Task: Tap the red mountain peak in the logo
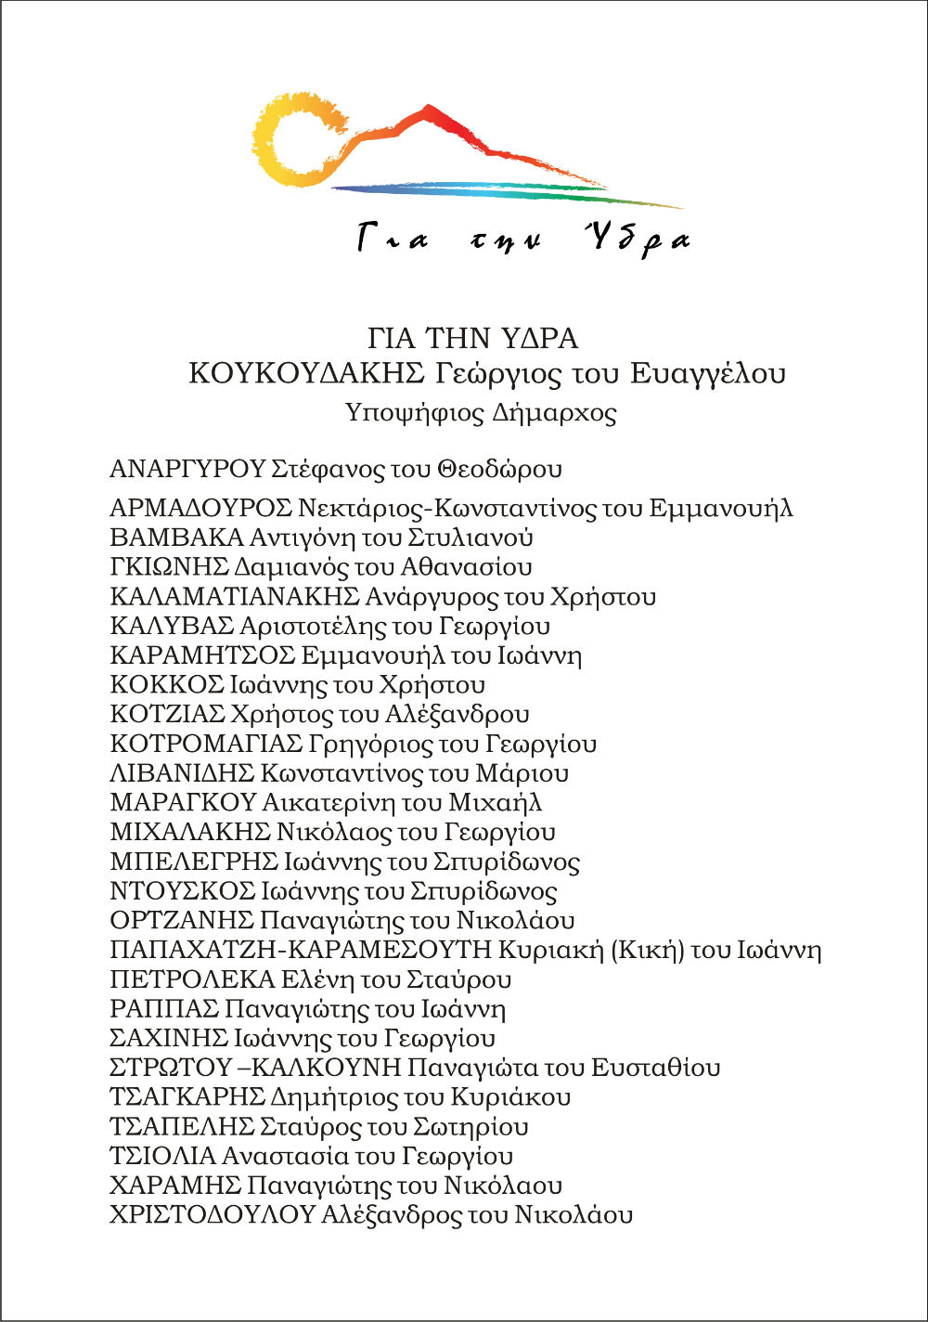[x=429, y=115]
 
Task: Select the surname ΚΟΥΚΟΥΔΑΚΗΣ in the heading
[x=305, y=373]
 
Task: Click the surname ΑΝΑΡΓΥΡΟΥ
[x=187, y=469]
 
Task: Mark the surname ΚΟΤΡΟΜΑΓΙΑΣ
[x=206, y=745]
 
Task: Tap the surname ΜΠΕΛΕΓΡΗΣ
[x=193, y=862]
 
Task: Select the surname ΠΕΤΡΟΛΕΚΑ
[x=192, y=979]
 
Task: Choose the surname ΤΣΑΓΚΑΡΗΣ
[x=187, y=1097]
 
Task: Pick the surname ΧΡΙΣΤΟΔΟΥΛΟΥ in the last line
[x=212, y=1215]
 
